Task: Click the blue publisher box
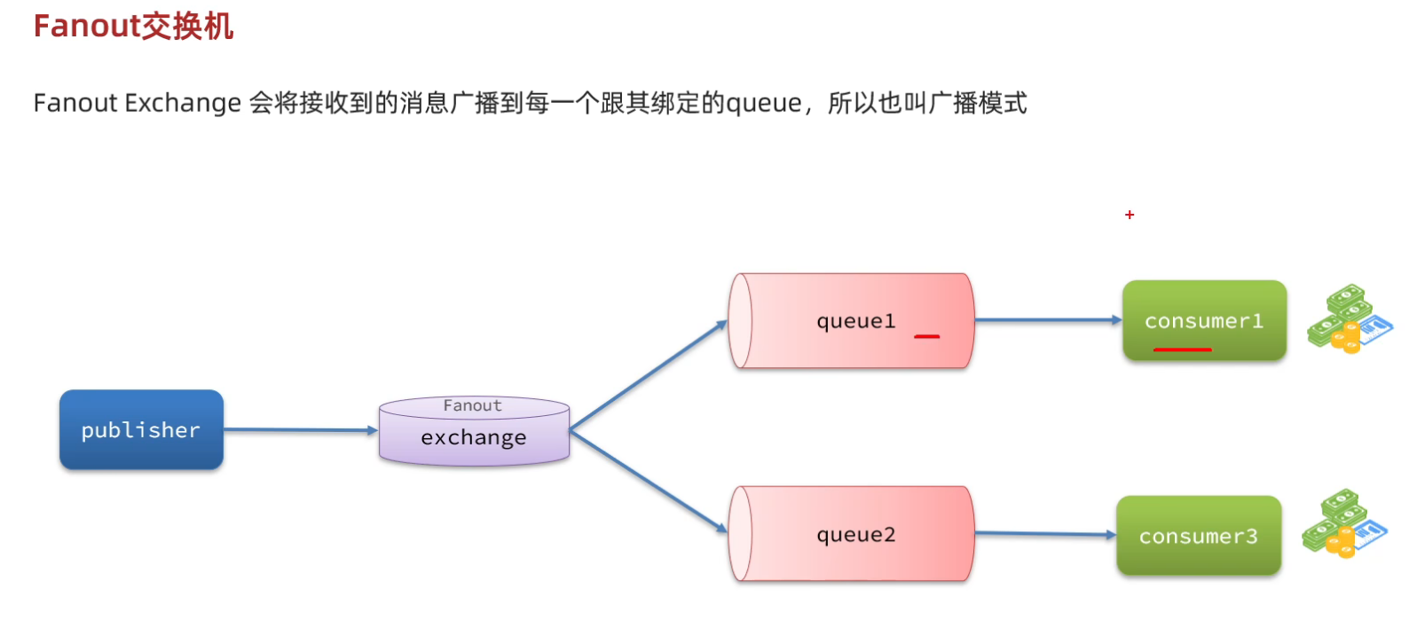tap(141, 430)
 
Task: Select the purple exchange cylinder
tap(474, 438)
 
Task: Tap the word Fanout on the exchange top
tap(472, 405)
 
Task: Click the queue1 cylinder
tap(852, 321)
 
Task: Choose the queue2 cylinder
tap(852, 534)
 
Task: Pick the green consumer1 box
tap(1204, 321)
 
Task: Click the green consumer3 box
tap(1198, 537)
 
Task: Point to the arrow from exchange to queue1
tap(648, 375)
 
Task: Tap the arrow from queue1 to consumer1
tap(1047, 320)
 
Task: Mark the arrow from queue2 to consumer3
tap(1044, 534)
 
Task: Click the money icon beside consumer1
tap(1349, 319)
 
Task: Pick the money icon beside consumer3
tap(1344, 524)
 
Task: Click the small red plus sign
tap(1130, 215)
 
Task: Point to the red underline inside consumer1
tap(1182, 349)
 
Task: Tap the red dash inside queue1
tap(927, 337)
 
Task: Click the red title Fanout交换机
tap(134, 27)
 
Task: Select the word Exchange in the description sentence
tap(183, 104)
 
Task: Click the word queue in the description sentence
tap(764, 104)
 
